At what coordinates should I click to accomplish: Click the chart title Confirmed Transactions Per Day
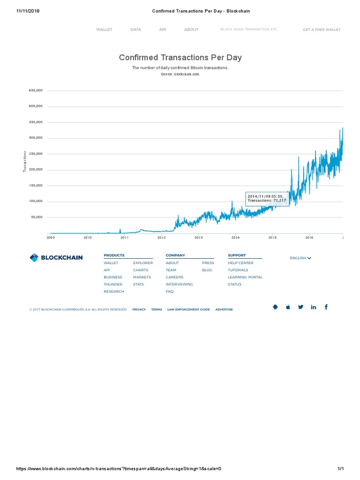(x=180, y=58)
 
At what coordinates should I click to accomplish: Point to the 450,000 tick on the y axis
(x=36, y=90)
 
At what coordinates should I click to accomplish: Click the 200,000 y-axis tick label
(x=36, y=170)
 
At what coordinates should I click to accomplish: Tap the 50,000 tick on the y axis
(x=37, y=217)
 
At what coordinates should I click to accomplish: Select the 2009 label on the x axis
(x=50, y=238)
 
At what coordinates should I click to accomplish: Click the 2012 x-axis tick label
(x=162, y=238)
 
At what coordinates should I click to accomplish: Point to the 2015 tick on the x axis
(x=272, y=238)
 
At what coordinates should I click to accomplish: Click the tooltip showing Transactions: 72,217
(x=267, y=198)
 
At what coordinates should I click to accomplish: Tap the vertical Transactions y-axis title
(x=25, y=161)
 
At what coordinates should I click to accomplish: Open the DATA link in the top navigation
(x=135, y=30)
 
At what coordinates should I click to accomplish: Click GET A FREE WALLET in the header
(x=322, y=30)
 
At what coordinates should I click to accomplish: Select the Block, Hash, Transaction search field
(x=250, y=30)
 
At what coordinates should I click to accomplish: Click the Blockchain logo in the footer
(x=56, y=257)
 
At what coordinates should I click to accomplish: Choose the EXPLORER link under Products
(x=143, y=263)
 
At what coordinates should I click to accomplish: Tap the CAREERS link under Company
(x=174, y=277)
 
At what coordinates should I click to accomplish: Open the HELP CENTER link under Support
(x=240, y=263)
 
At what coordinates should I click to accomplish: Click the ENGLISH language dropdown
(x=300, y=258)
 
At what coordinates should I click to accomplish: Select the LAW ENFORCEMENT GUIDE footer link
(x=188, y=309)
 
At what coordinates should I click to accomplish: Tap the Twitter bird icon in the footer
(x=301, y=307)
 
